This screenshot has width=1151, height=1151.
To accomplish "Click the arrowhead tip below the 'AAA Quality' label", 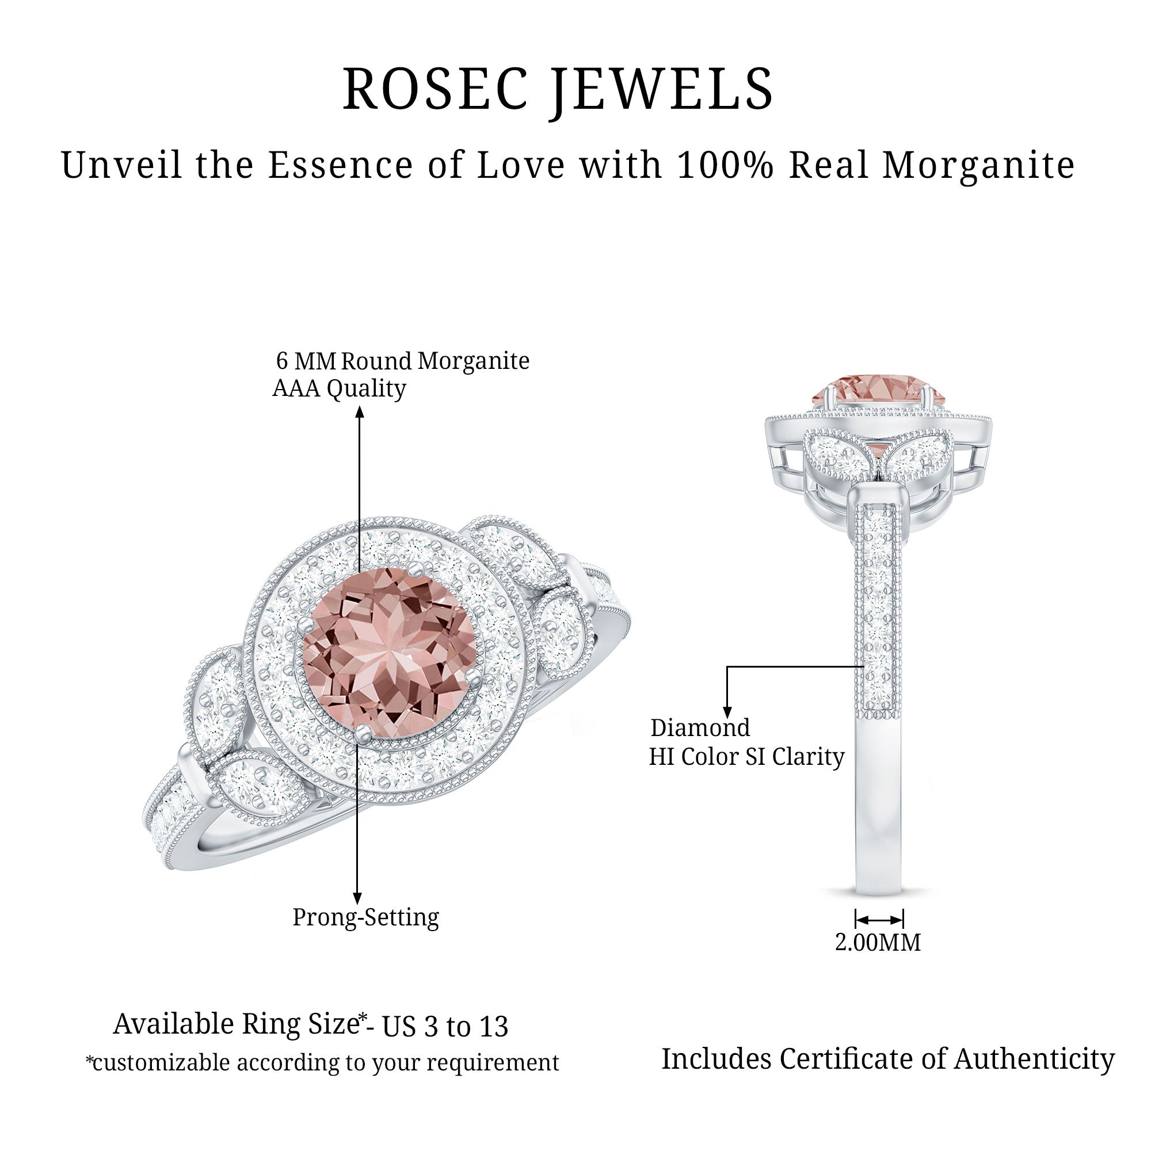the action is pyautogui.click(x=360, y=407).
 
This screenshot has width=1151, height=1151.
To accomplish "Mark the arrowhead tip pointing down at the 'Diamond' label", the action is pyautogui.click(x=727, y=718).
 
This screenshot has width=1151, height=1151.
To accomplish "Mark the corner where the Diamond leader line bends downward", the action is pyautogui.click(x=727, y=666).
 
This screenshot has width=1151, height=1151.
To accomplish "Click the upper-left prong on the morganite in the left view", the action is pyautogui.click(x=306, y=624).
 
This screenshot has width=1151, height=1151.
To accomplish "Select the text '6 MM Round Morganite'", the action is pyautogui.click(x=402, y=360).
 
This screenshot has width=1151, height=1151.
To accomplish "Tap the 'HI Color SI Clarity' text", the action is pyautogui.click(x=746, y=757).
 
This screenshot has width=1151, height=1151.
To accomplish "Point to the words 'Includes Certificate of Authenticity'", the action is pyautogui.click(x=887, y=1059).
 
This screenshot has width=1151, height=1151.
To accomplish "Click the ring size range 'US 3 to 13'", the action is pyautogui.click(x=445, y=1027).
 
